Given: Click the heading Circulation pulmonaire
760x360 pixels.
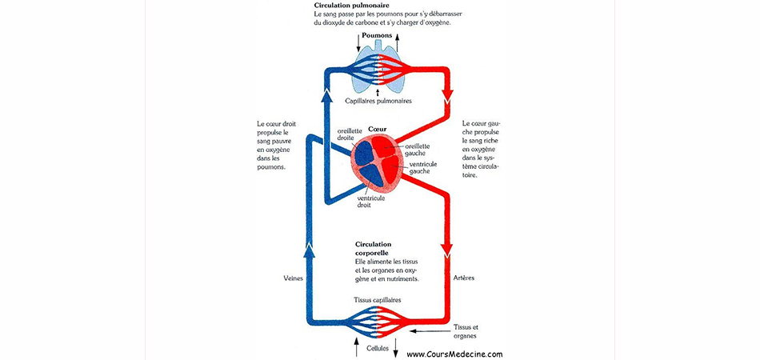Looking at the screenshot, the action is tap(344, 6).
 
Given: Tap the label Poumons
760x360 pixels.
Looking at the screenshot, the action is tap(377, 36).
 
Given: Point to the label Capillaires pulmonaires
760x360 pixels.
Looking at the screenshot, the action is tap(378, 102).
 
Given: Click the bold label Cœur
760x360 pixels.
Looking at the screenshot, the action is tap(376, 129).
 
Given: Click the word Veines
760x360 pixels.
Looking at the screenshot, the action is tap(292, 278).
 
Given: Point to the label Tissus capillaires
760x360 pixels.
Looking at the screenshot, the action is tap(378, 300).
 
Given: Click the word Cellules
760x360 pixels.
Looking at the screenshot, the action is tap(378, 348).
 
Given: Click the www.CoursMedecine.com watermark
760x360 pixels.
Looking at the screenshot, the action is tap(454, 354).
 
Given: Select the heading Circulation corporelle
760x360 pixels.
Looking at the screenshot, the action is tap(374, 248).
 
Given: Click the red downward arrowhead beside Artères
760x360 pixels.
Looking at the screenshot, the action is tap(447, 250).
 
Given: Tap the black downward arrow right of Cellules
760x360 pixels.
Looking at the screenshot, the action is tap(396, 347).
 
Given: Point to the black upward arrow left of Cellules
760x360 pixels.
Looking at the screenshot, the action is tap(357, 347).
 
